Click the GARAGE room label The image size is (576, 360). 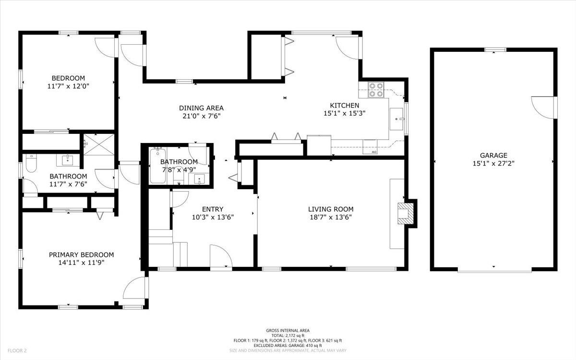[x=493, y=156]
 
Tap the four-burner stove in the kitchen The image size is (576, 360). [x=376, y=90]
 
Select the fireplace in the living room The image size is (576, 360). [x=406, y=214]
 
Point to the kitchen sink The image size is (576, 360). [x=396, y=119]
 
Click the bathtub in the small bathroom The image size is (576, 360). [x=157, y=166]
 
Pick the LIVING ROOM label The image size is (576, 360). [x=331, y=209]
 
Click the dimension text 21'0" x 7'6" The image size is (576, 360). [x=202, y=116]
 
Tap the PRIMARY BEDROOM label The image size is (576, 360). [x=81, y=254]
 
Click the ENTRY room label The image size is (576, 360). [x=213, y=209]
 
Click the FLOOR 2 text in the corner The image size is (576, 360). [x=17, y=350]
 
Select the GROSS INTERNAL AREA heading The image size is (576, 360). [x=288, y=330]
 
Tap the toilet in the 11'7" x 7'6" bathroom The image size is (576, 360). [x=31, y=163]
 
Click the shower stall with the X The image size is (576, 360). [x=99, y=144]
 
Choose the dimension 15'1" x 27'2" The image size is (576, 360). [x=493, y=163]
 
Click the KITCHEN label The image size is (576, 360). [x=345, y=105]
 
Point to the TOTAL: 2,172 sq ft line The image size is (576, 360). [x=288, y=336]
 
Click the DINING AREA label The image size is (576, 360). [x=201, y=108]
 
